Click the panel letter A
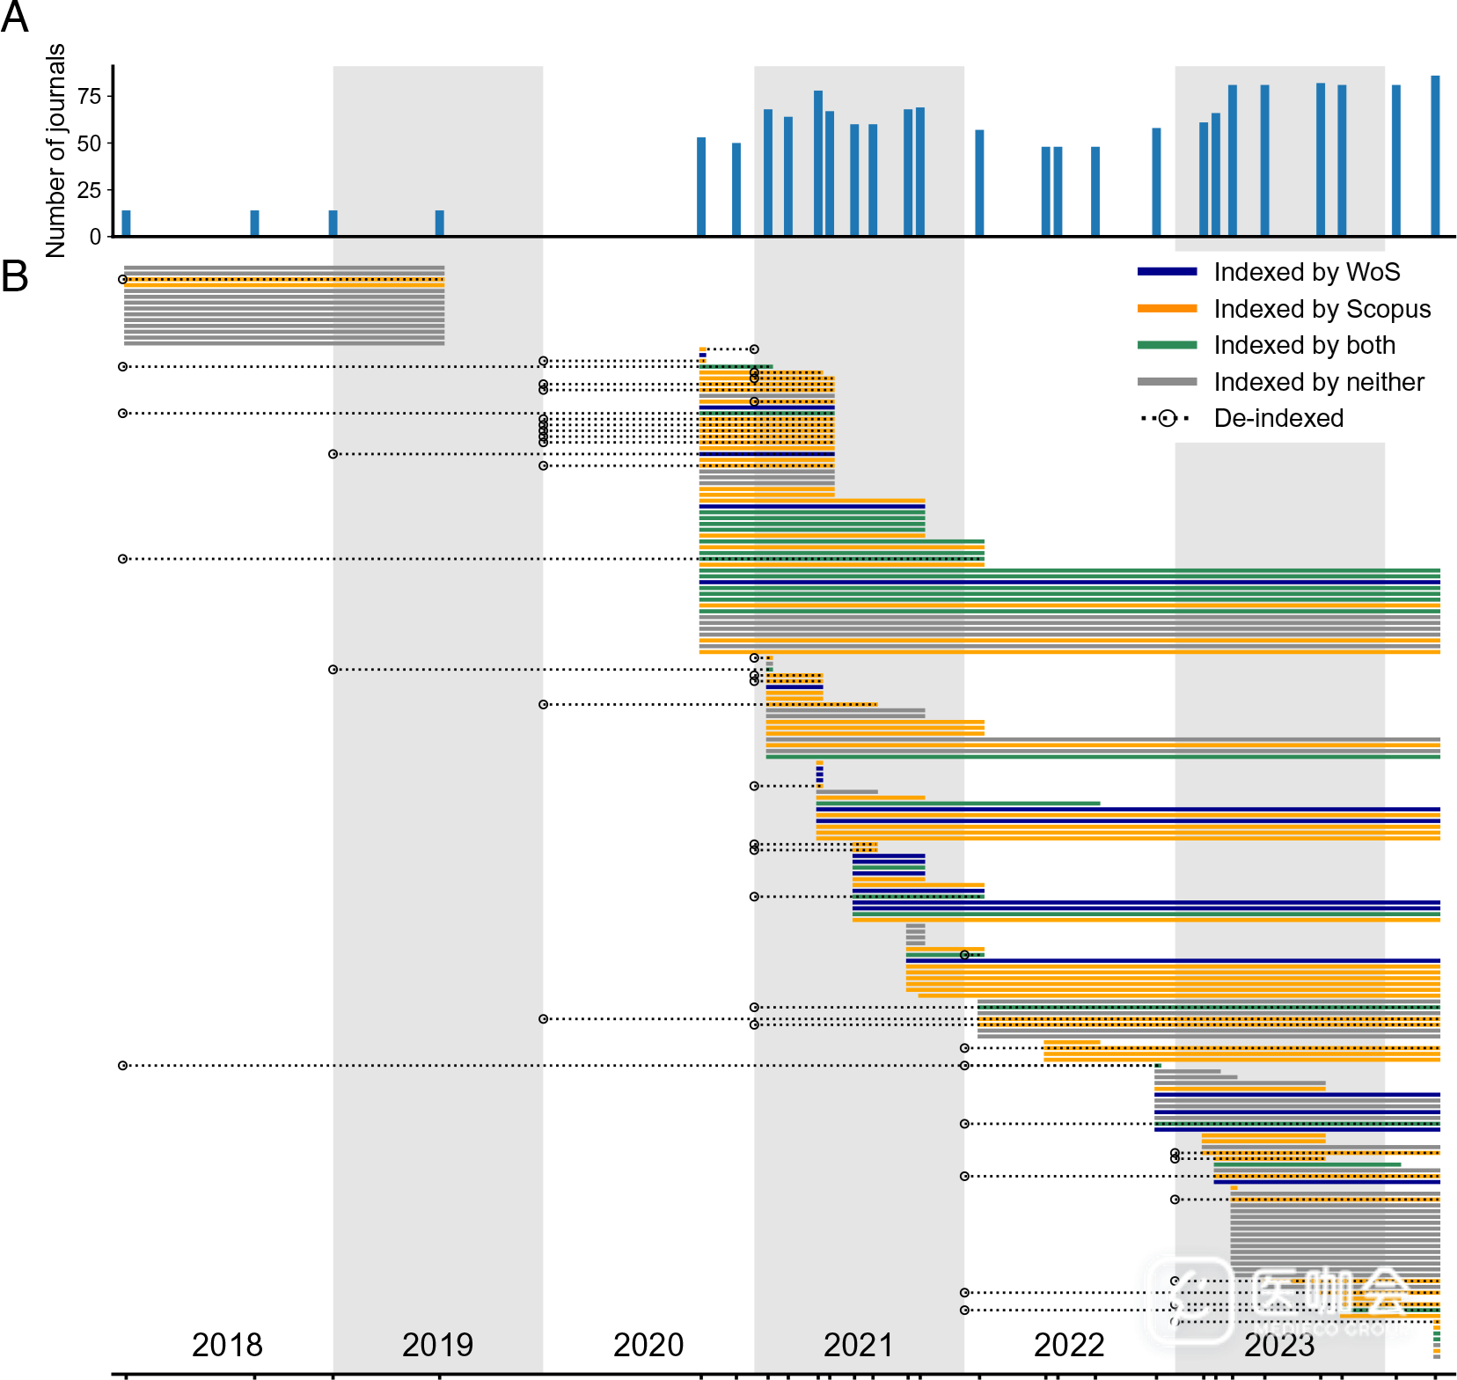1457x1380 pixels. (x=14, y=18)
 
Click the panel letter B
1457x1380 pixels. (x=14, y=276)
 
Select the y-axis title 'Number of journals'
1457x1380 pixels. (x=55, y=150)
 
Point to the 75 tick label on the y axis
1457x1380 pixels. (x=89, y=96)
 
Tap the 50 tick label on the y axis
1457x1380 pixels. (x=89, y=143)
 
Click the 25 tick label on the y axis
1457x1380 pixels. (x=89, y=190)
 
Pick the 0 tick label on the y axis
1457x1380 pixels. (x=95, y=237)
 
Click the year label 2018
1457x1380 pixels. (x=227, y=1345)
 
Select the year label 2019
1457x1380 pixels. (x=437, y=1345)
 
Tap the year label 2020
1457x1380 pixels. (x=648, y=1345)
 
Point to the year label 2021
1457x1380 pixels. (x=859, y=1345)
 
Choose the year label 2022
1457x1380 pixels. (x=1069, y=1345)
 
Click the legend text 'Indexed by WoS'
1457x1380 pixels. (x=1307, y=272)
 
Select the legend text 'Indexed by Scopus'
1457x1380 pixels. (x=1322, y=309)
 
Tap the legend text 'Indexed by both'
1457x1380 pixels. (x=1304, y=345)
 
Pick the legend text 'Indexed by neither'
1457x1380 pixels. (x=1318, y=382)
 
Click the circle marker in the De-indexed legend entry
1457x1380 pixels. (x=1167, y=418)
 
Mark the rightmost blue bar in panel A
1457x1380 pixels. (x=1435, y=156)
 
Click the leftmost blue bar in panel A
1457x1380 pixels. (x=126, y=224)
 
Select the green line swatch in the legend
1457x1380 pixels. (x=1167, y=345)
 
